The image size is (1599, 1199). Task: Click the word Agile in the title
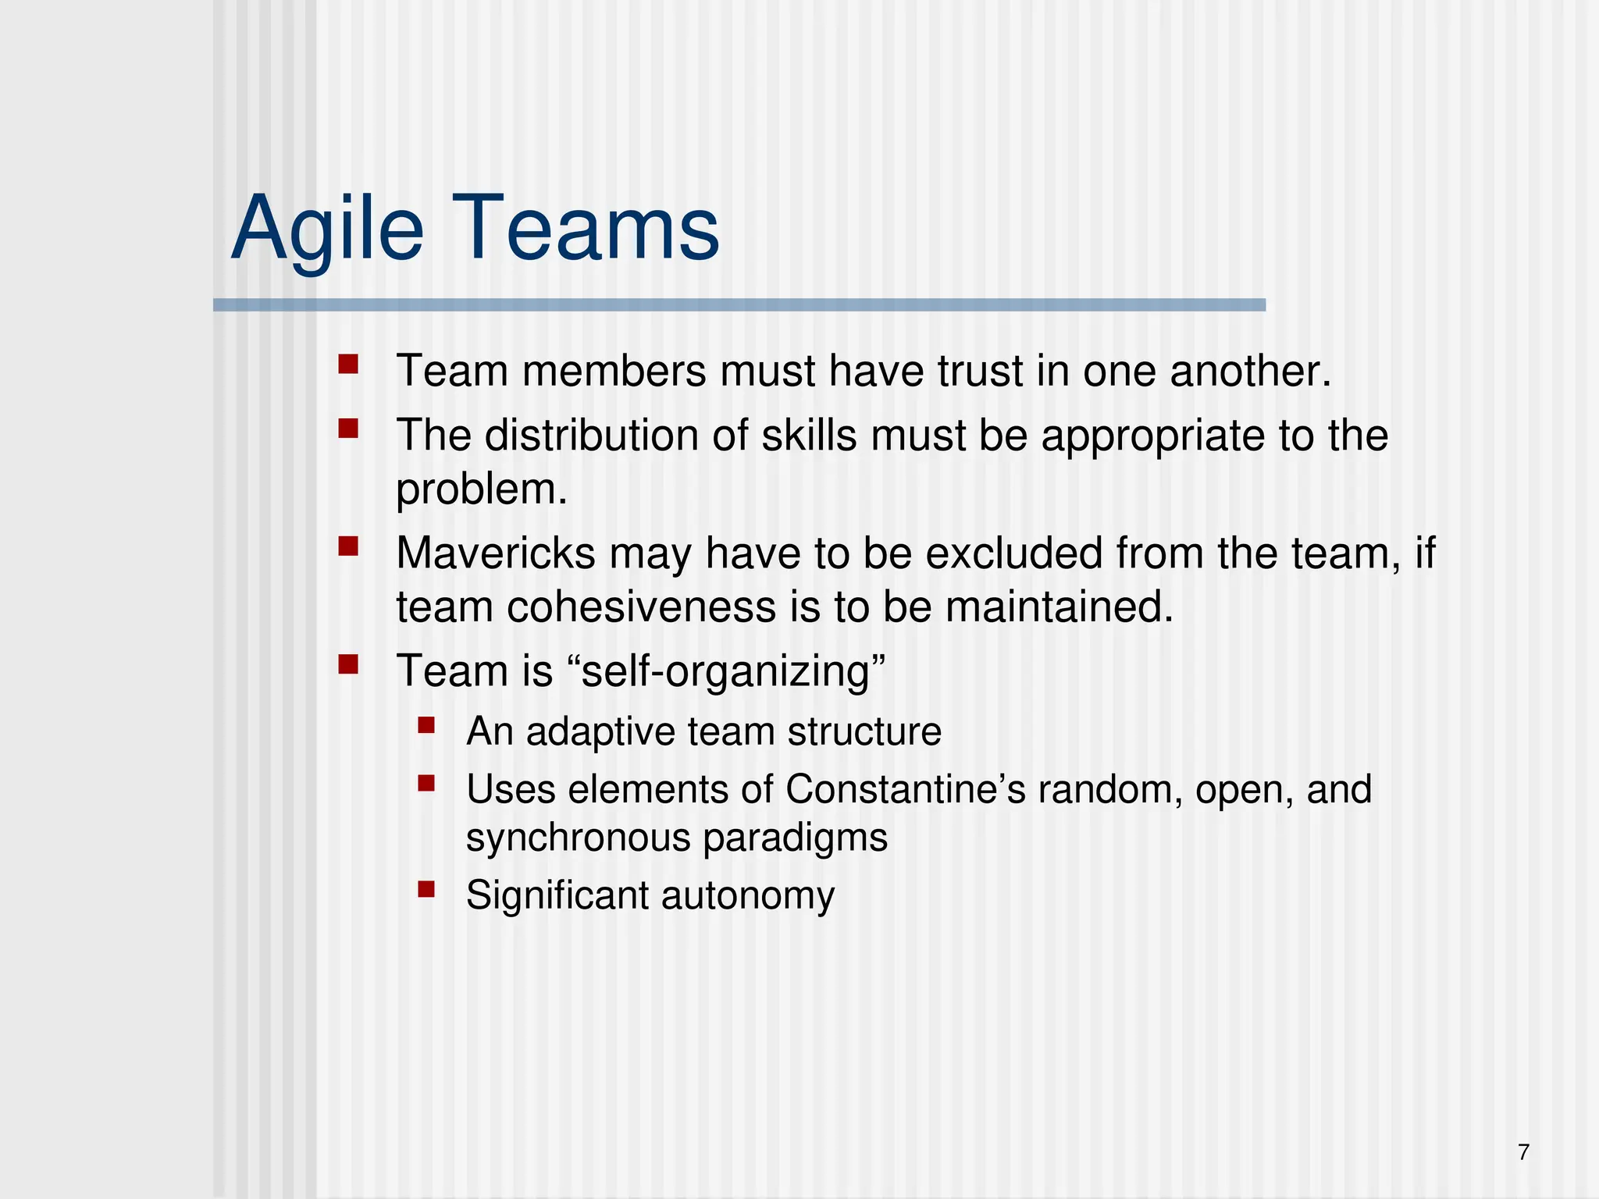328,230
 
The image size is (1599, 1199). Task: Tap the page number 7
1523,1152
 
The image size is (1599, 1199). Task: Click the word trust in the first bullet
980,371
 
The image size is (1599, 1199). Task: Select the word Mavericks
496,553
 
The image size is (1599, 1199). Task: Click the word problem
481,490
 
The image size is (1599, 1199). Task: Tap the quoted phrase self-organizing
733,671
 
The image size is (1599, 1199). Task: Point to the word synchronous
578,838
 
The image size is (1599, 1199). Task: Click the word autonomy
748,895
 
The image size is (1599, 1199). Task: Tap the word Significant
557,895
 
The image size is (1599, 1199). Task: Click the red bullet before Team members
348,365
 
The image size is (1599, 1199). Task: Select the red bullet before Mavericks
348,546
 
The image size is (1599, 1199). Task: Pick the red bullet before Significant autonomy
426,889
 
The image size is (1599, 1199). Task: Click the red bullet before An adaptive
426,725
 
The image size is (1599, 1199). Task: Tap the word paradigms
795,838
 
